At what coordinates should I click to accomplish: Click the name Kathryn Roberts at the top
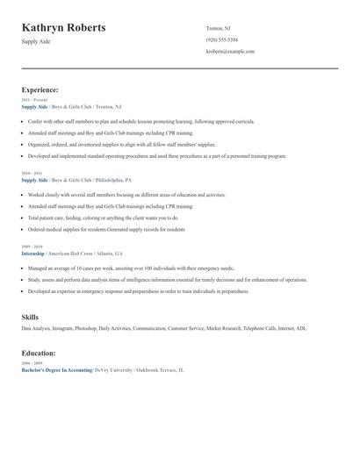(63, 28)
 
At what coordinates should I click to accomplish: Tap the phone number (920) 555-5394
(221, 39)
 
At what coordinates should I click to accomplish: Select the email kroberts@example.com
(230, 51)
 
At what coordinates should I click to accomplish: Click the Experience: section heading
(40, 89)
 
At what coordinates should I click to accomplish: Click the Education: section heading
(40, 353)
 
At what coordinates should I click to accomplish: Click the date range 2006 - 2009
(31, 363)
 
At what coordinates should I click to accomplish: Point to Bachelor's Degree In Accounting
(57, 370)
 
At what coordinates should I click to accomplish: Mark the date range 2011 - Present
(33, 100)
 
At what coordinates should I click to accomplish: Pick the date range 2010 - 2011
(31, 174)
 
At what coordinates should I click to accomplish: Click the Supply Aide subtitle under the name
(37, 42)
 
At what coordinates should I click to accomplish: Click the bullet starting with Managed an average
(132, 268)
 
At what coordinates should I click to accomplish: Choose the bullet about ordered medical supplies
(105, 229)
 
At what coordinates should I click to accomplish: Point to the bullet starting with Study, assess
(167, 279)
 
